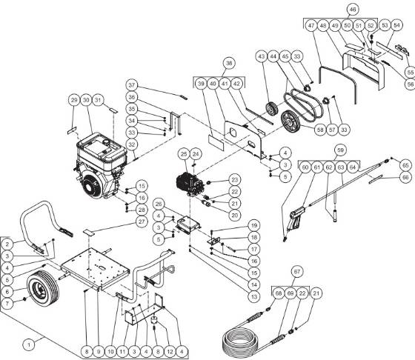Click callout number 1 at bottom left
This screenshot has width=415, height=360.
(30, 343)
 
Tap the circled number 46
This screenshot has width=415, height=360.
(353, 9)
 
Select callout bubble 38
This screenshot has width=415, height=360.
(230, 63)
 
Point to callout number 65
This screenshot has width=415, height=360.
(405, 164)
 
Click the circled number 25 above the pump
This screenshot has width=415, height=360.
(183, 153)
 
